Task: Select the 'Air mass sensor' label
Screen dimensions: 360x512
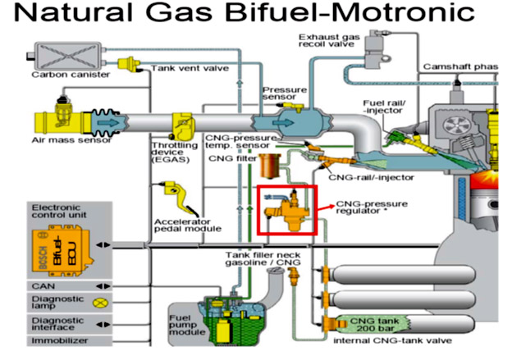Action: coord(62,140)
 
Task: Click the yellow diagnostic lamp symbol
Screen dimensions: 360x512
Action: coord(102,302)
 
